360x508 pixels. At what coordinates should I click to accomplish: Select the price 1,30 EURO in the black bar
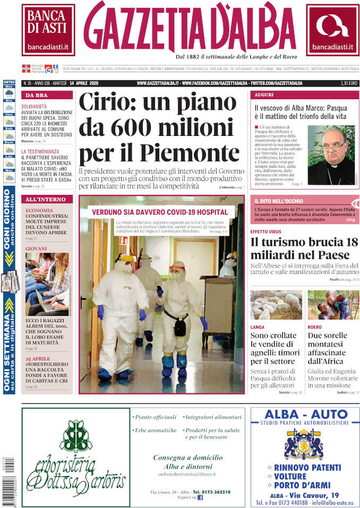(x=348, y=83)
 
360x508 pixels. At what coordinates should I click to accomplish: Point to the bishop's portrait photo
(x=331, y=155)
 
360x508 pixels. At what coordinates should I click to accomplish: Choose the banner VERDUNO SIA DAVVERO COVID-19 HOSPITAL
(x=160, y=212)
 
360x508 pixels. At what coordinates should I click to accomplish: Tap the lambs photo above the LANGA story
(x=276, y=305)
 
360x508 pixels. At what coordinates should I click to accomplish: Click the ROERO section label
(x=314, y=328)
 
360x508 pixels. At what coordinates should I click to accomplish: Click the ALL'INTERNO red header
(x=47, y=199)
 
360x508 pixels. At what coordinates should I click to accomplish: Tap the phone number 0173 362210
(x=211, y=492)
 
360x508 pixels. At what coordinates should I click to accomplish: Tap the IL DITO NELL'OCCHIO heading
(x=279, y=201)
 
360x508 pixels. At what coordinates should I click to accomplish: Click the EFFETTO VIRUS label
(x=267, y=231)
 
